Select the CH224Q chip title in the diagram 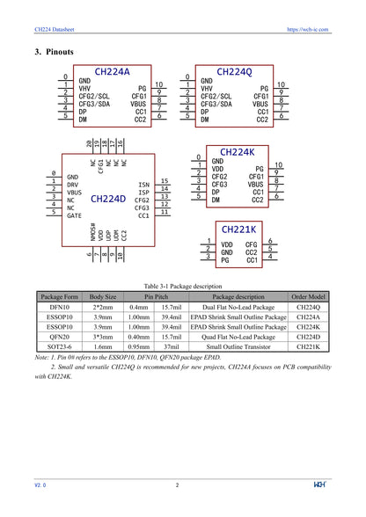point(234,71)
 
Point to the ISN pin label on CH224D point(143,186)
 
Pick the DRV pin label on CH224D point(74,184)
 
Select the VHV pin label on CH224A point(84,88)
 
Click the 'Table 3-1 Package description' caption point(183,286)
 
